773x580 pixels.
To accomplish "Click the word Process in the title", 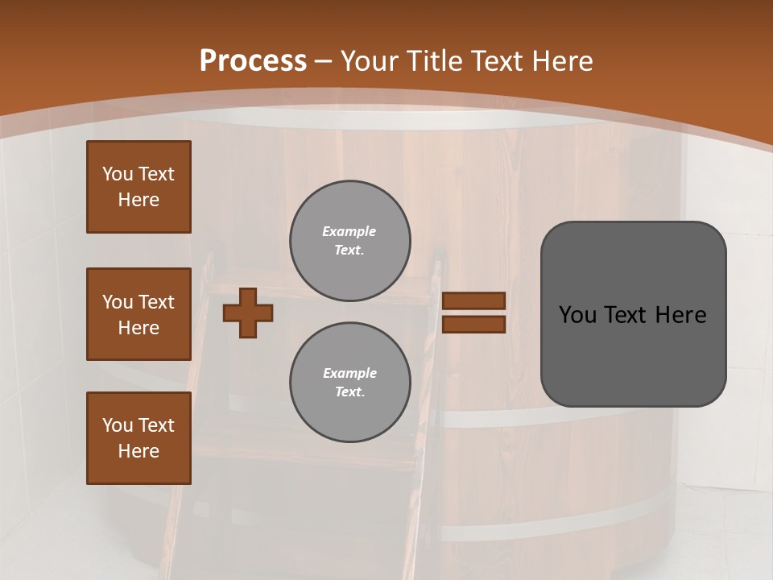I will [253, 61].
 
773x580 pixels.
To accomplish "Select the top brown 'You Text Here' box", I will [138, 187].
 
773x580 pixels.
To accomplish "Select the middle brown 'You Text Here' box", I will [138, 314].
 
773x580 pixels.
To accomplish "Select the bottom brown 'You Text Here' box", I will [138, 438].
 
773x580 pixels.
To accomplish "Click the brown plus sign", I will [248, 313].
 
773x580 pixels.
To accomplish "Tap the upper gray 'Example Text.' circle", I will [349, 241].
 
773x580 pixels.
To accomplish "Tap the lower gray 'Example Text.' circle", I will [349, 382].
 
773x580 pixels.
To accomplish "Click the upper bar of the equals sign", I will [473, 300].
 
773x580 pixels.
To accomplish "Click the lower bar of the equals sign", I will [473, 324].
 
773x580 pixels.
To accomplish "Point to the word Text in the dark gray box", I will [626, 315].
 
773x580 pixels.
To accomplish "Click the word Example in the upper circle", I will [349, 231].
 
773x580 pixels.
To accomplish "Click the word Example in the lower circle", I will [349, 373].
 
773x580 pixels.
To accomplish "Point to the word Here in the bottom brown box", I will [138, 451].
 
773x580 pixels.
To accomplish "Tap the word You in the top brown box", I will [118, 174].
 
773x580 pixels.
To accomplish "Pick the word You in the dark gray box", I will [577, 315].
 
